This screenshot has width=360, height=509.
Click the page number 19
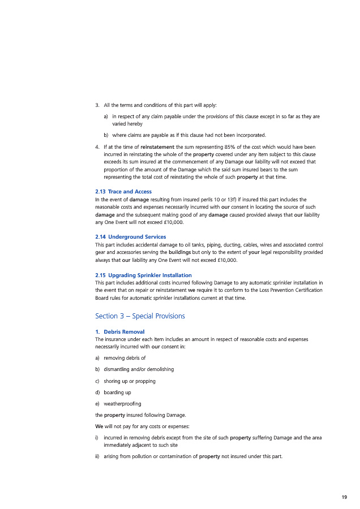344,497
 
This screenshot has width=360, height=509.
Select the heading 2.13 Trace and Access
123,192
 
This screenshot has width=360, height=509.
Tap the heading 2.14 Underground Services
131,236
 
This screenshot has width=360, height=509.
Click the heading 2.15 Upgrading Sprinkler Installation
139,275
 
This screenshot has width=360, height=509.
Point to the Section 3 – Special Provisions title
140,316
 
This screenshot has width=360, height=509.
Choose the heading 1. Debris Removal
120,331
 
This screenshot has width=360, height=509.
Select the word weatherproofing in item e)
122,403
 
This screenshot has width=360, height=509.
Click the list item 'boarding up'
117,392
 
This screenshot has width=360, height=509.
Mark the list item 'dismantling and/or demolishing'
139,369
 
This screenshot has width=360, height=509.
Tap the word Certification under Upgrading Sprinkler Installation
304,290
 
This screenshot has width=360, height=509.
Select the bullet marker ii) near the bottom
98,456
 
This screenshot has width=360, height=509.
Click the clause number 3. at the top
97,105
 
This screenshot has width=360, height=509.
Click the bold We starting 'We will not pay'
100,426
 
